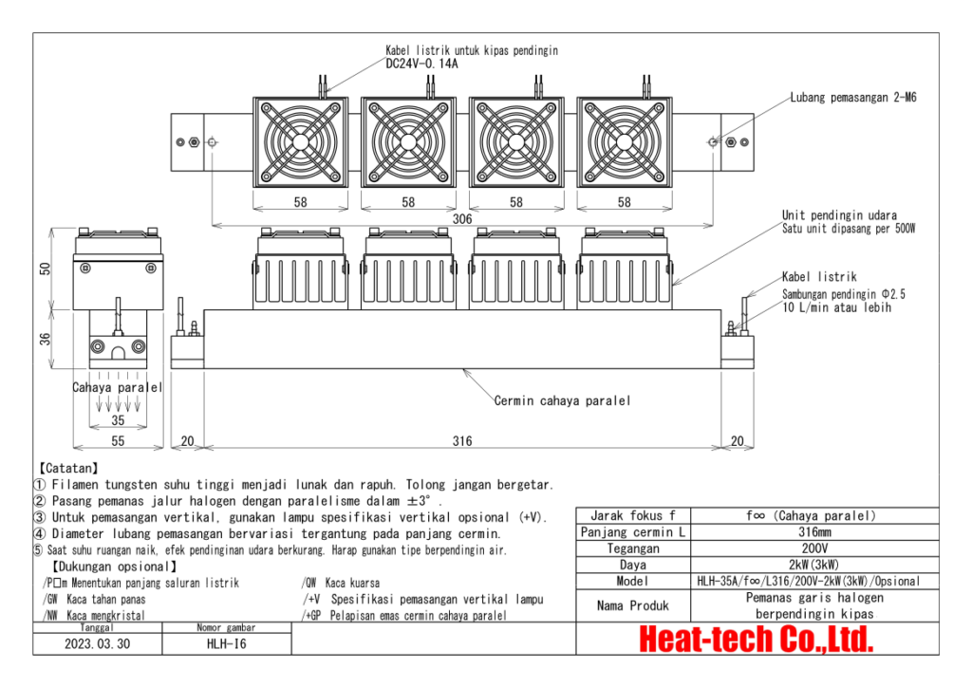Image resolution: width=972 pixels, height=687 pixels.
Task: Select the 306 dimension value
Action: pos(462,219)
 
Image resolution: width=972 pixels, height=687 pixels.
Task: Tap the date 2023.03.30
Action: pos(99,642)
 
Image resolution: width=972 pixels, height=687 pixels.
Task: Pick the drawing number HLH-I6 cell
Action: pos(227,642)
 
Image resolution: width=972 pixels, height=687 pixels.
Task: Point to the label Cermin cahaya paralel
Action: pos(562,400)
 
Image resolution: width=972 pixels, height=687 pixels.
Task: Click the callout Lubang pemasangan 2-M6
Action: pos(852,97)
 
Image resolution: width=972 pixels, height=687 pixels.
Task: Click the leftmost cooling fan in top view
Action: pos(300,142)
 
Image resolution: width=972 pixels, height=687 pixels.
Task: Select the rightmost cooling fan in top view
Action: pos(625,142)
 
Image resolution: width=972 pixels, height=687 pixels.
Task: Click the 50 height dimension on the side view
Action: pos(45,269)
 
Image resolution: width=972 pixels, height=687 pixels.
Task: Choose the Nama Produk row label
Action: pos(632,604)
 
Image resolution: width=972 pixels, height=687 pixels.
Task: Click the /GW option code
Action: pos(51,599)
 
